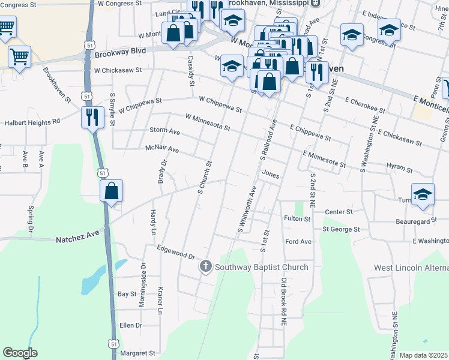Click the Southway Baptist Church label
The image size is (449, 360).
pos(262,268)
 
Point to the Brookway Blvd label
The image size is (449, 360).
pos(120,53)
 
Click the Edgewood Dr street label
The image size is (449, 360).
pos(176,251)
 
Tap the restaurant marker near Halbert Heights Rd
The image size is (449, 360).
pos(92,117)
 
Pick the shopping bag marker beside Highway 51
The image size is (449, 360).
pos(112,192)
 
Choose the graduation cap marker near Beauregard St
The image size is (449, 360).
pos(423,194)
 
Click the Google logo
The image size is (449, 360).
pos(20,353)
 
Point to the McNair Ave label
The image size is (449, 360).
pos(162,148)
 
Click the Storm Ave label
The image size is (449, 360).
pos(164,131)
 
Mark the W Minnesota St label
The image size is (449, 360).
pos(208,121)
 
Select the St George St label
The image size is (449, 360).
pos(340,229)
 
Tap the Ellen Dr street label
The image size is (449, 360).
pos(130,325)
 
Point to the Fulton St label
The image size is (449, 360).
pos(298,220)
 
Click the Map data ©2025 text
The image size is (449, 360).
pos(423,355)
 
